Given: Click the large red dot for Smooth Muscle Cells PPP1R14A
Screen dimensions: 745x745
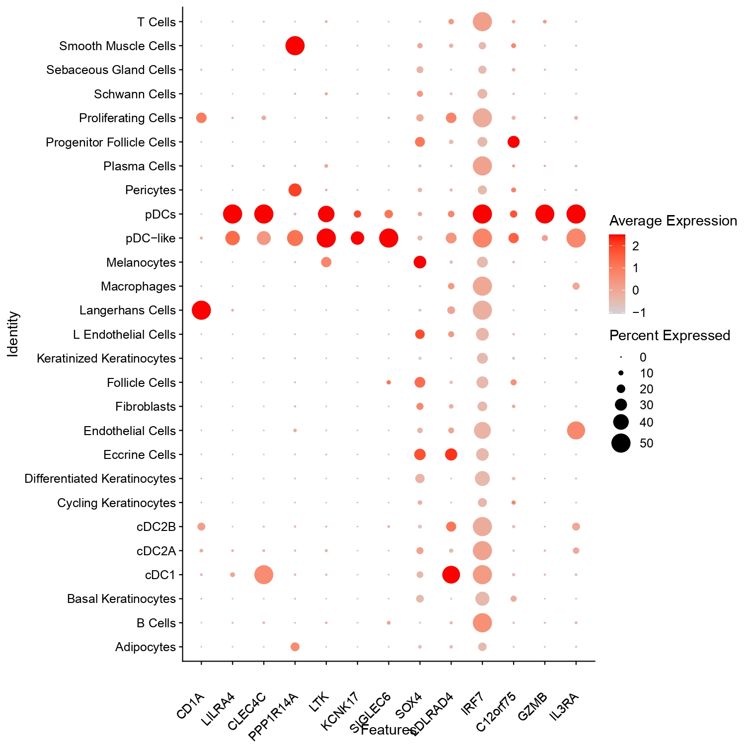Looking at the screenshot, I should pos(295,46).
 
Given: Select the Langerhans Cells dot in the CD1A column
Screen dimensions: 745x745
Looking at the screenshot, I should pos(201,310).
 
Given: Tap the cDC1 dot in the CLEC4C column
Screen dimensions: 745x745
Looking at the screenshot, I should pos(264,575).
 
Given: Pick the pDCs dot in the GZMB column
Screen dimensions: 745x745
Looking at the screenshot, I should pos(545,214).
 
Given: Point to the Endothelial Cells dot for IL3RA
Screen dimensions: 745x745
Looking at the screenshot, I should pos(576,430).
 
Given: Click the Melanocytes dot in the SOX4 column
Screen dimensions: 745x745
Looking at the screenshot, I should pos(420,262).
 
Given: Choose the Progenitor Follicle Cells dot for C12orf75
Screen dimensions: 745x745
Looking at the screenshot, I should pos(514,142).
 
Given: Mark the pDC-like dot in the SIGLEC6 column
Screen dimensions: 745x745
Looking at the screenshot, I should pos(388,238).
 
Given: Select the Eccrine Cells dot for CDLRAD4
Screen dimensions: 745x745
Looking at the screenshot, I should pos(451,454).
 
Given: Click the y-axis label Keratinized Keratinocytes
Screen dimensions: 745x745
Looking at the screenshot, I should pos(106,359).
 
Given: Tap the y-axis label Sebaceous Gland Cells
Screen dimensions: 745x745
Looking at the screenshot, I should pos(111,70).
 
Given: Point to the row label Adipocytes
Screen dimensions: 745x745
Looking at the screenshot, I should pos(146,647).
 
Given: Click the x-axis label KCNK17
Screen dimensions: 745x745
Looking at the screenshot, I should pos(340,711).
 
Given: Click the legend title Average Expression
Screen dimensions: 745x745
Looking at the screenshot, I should pos(673,221).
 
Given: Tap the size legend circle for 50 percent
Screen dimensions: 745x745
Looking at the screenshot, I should pos(621,443).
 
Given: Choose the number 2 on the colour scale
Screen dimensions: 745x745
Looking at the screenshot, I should pos(635,246).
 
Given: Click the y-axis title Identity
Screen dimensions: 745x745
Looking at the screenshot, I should pos(13,334).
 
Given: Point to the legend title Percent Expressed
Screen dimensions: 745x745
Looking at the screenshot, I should pos(670,336).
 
